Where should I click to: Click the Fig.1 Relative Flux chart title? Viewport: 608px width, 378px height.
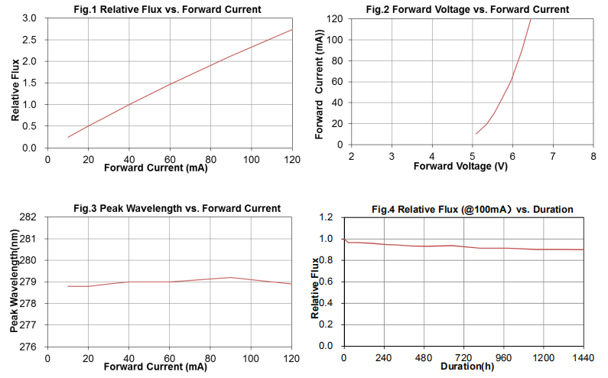click(167, 9)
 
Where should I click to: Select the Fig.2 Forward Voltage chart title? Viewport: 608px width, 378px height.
click(467, 9)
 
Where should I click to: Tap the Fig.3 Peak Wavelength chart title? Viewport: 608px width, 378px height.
click(177, 208)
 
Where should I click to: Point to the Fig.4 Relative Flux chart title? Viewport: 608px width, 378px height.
click(473, 210)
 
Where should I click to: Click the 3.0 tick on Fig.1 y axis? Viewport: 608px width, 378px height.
click(30, 18)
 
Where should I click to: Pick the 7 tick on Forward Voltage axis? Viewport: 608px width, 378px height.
click(553, 156)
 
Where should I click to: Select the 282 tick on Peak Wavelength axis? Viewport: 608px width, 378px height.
click(28, 217)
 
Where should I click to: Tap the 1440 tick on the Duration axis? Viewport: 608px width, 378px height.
click(584, 357)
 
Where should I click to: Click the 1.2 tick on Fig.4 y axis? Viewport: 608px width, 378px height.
click(326, 217)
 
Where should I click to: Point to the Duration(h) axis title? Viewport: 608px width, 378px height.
click(467, 367)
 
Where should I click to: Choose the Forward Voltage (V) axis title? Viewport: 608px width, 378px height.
click(460, 167)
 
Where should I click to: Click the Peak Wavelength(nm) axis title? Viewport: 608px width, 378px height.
click(15, 281)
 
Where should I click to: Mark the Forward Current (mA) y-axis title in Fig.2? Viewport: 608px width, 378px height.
click(319, 84)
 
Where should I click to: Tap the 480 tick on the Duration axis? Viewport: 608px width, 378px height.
click(424, 357)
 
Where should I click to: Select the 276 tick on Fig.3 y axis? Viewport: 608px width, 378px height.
click(28, 347)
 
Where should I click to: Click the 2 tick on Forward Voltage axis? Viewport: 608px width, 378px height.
click(351, 156)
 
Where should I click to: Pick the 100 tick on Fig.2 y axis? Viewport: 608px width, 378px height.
click(335, 40)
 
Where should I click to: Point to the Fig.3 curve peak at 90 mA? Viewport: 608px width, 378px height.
click(231, 277)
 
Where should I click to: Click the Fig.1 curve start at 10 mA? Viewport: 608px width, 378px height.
click(68, 137)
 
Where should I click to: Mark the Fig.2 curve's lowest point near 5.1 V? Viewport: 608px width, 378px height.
click(476, 134)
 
